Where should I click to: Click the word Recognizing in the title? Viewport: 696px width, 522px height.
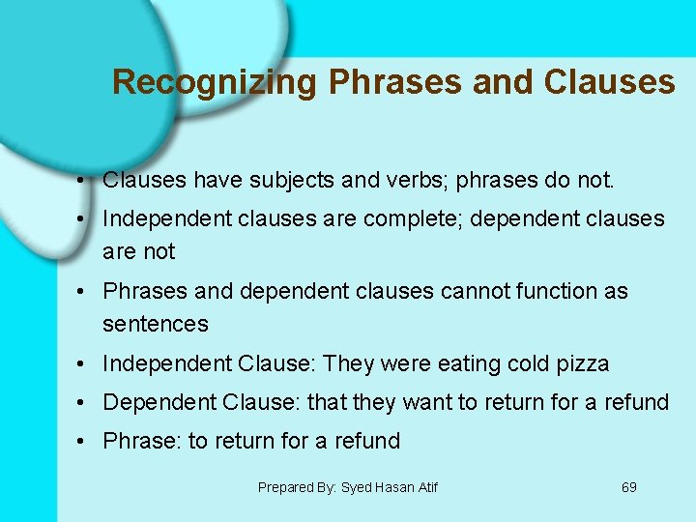tap(214, 82)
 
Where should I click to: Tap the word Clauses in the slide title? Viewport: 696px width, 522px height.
tap(609, 82)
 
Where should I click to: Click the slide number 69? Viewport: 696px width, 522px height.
tap(629, 487)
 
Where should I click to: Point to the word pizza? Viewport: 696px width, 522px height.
tap(582, 363)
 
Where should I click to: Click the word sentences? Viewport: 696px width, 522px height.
tap(156, 324)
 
